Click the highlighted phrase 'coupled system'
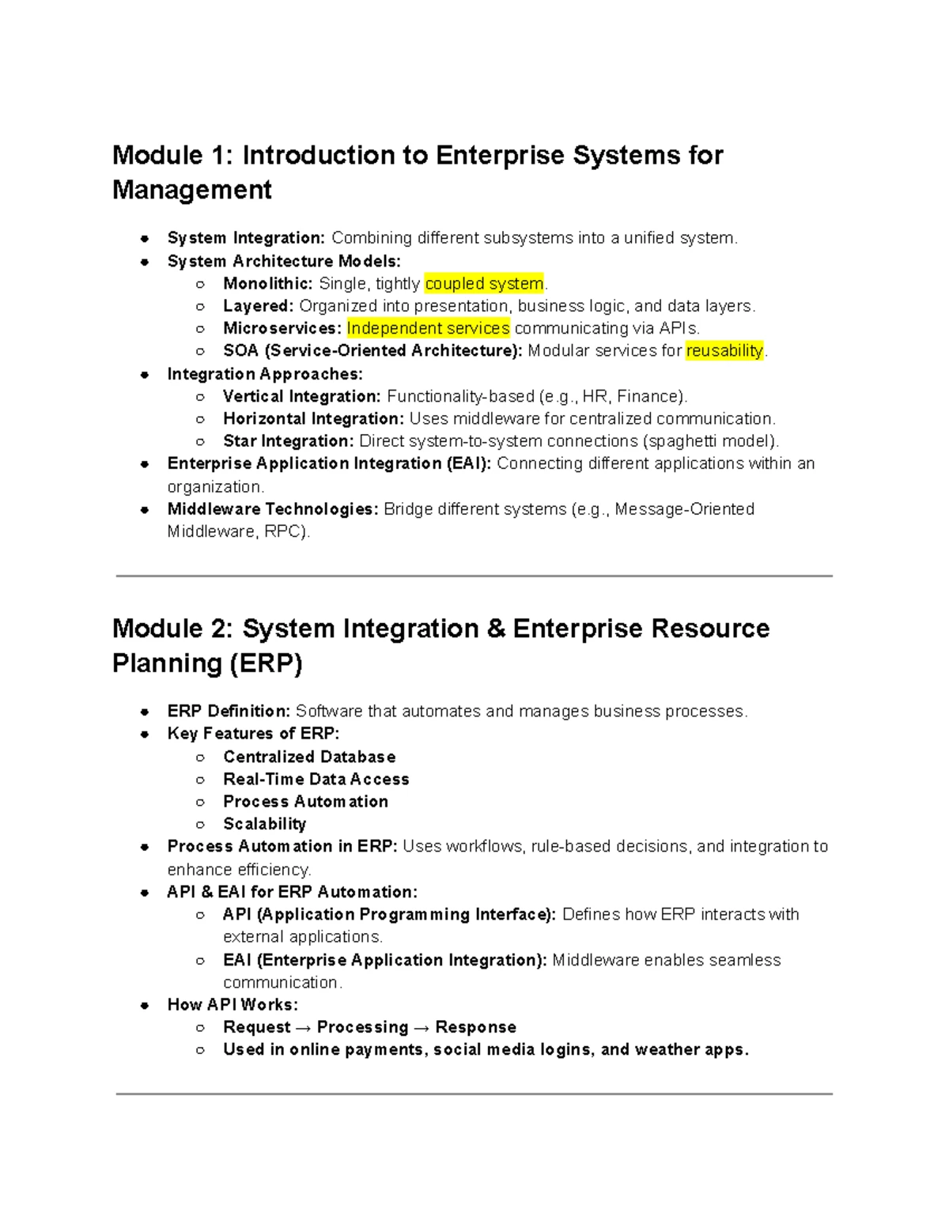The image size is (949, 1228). pos(484,283)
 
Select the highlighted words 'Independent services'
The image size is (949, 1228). pos(428,328)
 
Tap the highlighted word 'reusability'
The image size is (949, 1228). pos(724,350)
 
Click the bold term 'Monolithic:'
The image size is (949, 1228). pos(267,283)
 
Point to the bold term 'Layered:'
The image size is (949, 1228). pos(258,306)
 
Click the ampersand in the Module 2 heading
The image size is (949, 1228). pos(495,629)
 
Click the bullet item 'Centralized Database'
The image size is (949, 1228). pos(309,757)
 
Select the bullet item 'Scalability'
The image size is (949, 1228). pos(264,824)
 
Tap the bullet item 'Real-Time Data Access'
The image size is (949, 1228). pos(316,779)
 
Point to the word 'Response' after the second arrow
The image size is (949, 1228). pos(475,1027)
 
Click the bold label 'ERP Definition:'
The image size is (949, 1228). pos(229,711)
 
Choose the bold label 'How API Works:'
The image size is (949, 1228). pos(233,1004)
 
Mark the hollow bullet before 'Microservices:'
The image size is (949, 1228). pos(200,329)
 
